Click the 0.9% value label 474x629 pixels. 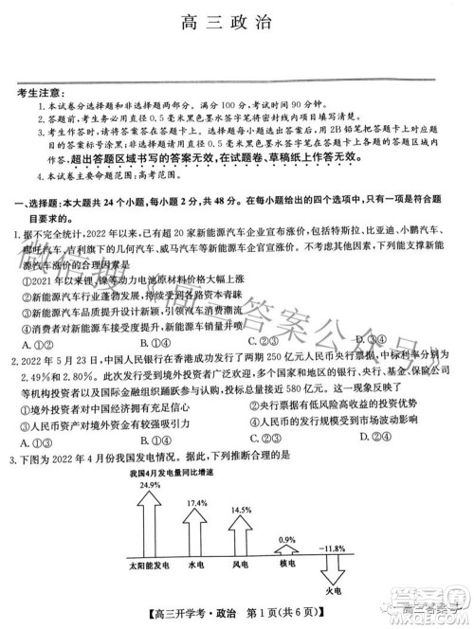tap(286, 540)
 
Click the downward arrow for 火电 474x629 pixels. tap(332, 574)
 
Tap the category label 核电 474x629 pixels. tap(287, 565)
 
